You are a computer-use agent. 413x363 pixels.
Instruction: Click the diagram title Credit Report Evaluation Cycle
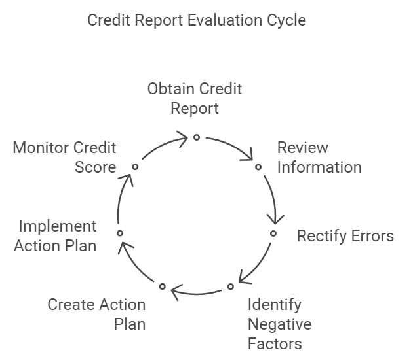(197, 20)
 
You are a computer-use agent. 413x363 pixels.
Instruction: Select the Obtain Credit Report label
(195, 99)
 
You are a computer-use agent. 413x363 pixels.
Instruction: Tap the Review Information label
(319, 158)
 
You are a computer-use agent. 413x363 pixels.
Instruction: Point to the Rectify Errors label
(345, 235)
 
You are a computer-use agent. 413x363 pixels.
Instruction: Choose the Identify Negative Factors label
(280, 324)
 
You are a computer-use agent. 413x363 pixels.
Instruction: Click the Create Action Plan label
(96, 315)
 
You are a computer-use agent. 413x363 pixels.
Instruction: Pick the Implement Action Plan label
(55, 236)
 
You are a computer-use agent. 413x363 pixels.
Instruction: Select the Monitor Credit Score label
(64, 158)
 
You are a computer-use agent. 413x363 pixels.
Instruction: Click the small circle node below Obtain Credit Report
(197, 137)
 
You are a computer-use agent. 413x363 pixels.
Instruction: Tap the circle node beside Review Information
(258, 167)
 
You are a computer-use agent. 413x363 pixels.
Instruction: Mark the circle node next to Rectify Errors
(273, 233)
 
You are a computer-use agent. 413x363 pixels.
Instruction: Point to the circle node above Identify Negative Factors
(231, 286)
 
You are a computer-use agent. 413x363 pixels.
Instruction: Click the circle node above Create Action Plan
(163, 286)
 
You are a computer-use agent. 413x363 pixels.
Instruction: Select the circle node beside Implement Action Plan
(120, 233)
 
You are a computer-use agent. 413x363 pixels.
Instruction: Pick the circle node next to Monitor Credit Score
(135, 167)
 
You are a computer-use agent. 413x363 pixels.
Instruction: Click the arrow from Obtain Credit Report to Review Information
(232, 145)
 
